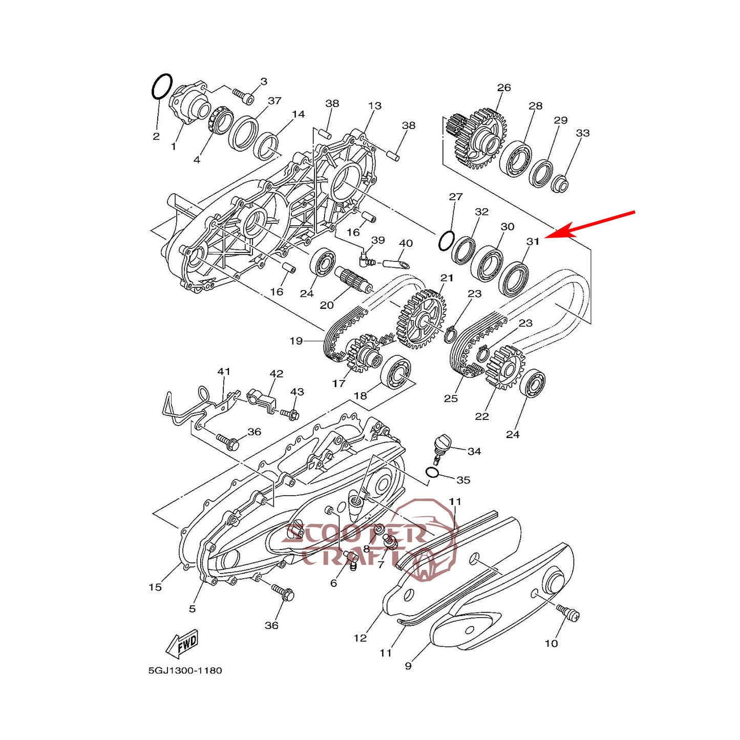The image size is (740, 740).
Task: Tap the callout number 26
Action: point(504,88)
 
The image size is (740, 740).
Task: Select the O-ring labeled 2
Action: point(162,87)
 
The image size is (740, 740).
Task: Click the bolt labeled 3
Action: point(244,95)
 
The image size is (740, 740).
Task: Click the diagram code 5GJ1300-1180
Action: point(185,670)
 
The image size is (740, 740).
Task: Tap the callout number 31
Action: point(533,241)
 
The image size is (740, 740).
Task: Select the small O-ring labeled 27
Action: point(446,241)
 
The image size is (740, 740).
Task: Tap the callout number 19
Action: point(296,341)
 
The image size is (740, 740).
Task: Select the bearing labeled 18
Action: point(397,372)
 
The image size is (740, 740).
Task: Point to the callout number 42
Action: point(276,374)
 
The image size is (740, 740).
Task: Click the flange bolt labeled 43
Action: point(289,413)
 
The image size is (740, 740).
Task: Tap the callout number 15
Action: point(155,587)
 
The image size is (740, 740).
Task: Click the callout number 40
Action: point(406,243)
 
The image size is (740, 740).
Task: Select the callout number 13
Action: point(375,105)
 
